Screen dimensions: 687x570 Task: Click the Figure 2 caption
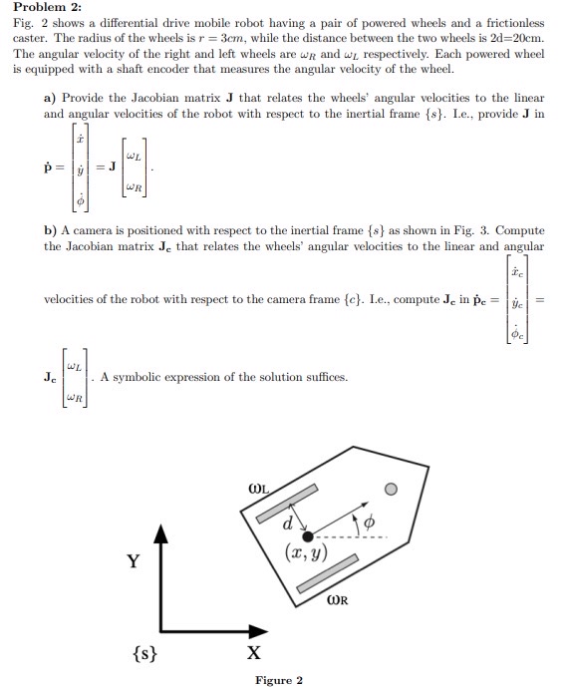279,681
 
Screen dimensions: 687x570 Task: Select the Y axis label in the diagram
133,561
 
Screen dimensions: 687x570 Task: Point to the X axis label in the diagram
255,654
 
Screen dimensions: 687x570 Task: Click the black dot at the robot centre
308,536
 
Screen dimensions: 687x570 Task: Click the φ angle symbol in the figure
369,521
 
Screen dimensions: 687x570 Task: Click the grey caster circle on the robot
392,489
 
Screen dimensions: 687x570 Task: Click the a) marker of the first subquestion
51,99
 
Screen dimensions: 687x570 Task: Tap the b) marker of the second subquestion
51,230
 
